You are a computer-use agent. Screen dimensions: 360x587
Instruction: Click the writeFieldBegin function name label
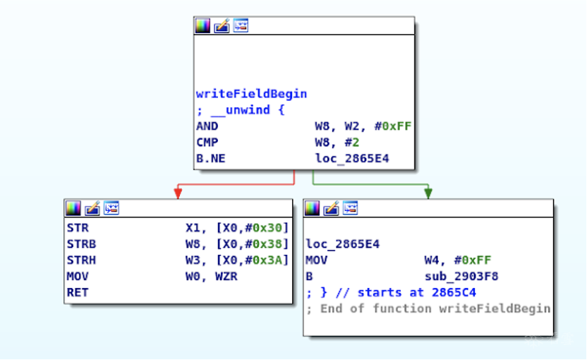click(x=251, y=93)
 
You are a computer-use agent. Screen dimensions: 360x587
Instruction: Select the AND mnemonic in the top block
click(x=207, y=126)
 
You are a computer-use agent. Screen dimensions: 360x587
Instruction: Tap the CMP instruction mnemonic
click(x=207, y=142)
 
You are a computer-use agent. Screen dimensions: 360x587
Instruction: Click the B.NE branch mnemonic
click(x=210, y=158)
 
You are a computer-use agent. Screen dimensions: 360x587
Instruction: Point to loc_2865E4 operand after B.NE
click(x=352, y=158)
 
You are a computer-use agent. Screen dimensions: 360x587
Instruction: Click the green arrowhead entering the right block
click(x=428, y=193)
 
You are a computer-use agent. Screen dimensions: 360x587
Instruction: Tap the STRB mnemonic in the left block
click(x=82, y=244)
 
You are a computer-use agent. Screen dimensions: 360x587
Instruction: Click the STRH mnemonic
click(x=82, y=260)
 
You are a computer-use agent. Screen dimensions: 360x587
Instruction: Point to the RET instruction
click(x=78, y=292)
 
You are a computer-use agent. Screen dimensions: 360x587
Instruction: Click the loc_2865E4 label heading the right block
click(x=343, y=244)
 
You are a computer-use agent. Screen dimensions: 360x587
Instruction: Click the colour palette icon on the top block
click(x=202, y=25)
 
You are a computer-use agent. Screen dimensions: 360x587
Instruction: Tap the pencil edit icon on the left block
click(x=92, y=208)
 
